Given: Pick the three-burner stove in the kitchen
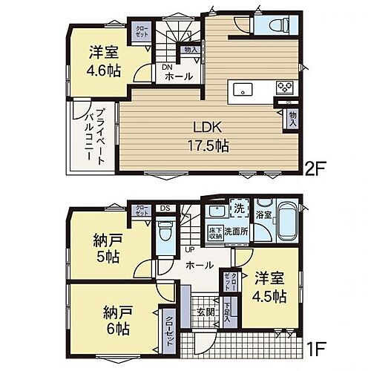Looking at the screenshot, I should coord(286,87).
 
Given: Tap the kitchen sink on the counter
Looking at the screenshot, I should coord(243,90).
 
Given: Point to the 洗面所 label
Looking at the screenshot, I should coord(238,231).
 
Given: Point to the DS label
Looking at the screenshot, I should coord(164,208).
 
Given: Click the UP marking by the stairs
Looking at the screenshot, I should coord(189,249).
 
